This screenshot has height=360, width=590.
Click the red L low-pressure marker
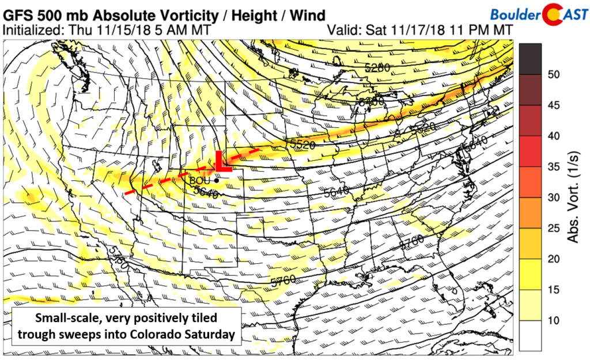(x=221, y=162)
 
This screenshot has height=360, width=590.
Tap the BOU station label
(x=199, y=180)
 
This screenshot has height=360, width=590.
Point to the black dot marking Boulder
(x=215, y=180)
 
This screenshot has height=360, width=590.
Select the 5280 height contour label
(x=377, y=68)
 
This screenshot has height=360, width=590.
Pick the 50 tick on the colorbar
(x=553, y=75)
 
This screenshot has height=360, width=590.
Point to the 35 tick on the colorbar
(x=553, y=167)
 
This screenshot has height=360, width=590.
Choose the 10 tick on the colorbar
(x=553, y=320)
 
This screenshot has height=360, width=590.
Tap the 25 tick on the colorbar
(x=553, y=228)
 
